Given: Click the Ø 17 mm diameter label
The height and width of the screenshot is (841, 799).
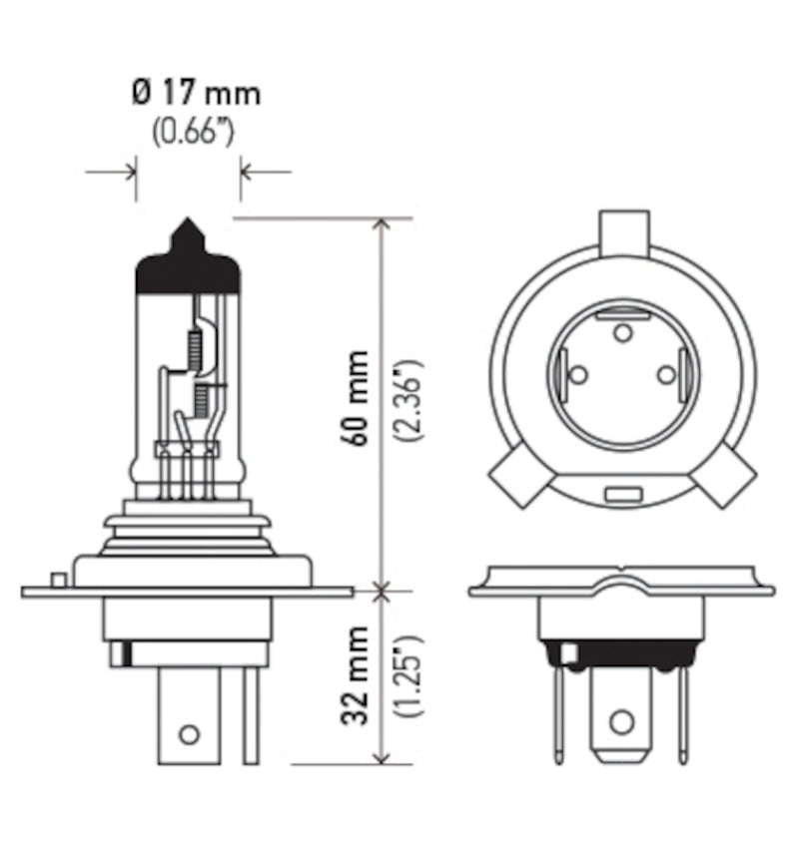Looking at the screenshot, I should pos(195,94).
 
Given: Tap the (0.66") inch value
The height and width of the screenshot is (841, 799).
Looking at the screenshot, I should pos(192,133).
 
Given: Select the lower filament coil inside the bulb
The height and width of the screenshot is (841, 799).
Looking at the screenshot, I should pos(204,402).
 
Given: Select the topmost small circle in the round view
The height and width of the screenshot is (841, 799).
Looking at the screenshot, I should pos(621,332).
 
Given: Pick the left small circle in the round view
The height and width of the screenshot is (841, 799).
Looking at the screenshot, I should pos(576,375).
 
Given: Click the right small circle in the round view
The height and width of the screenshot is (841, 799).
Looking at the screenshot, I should pos(666,374).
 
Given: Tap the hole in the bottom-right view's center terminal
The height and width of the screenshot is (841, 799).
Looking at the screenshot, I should pos(621,719).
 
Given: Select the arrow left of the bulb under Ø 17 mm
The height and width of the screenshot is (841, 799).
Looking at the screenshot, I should pos(125,172).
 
